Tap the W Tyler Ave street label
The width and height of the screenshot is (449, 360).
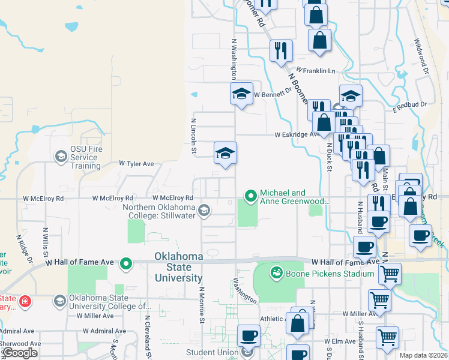[x=136, y=163]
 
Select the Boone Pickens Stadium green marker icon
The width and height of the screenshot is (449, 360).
[x=276, y=273]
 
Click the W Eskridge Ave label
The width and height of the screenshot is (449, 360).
[x=298, y=135]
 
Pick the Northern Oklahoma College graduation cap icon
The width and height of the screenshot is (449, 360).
[x=204, y=210]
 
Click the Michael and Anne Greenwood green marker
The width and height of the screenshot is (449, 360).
[x=251, y=196]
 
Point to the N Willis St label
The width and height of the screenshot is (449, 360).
[x=46, y=240]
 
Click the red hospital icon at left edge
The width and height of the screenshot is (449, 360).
[x=25, y=300]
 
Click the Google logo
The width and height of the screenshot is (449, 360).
[x=20, y=352]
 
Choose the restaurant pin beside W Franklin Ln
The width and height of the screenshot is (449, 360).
[x=280, y=50]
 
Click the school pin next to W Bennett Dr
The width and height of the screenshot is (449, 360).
[x=241, y=94]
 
